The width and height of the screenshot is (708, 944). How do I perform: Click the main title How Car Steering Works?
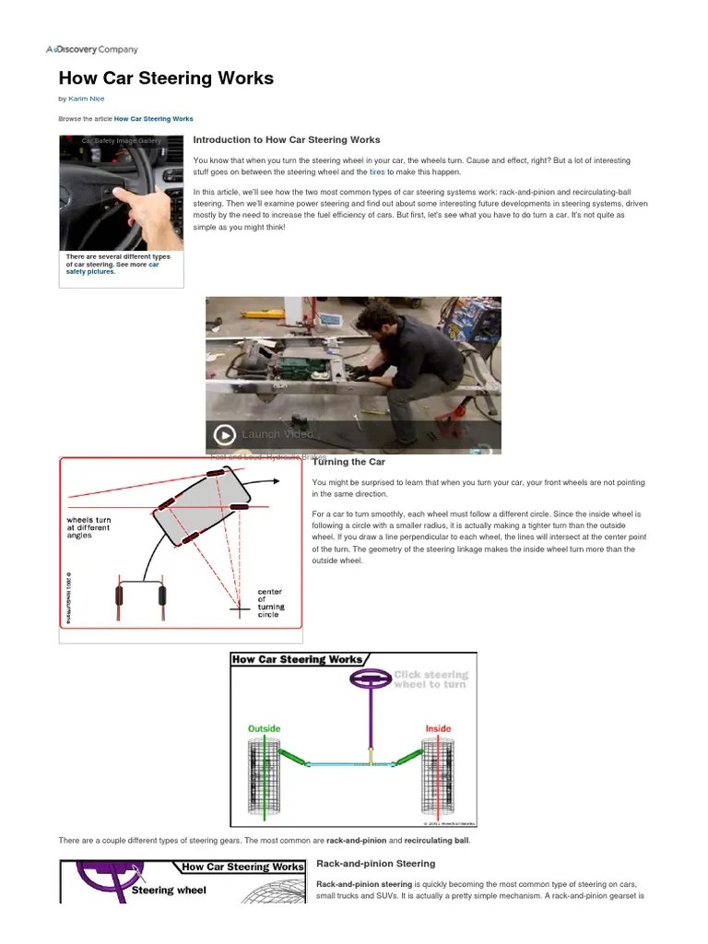click(x=166, y=78)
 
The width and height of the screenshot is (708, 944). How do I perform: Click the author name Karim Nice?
click(x=88, y=99)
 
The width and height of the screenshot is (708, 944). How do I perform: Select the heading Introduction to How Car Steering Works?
click(x=286, y=140)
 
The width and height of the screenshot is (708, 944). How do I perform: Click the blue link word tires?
click(x=376, y=172)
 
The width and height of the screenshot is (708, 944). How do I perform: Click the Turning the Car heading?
click(x=348, y=462)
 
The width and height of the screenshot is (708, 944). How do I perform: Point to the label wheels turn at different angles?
click(x=90, y=527)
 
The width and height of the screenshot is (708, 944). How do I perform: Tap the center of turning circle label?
click(x=270, y=603)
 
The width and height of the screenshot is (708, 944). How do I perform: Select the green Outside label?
click(x=265, y=728)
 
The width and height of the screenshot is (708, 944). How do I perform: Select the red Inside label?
click(x=437, y=728)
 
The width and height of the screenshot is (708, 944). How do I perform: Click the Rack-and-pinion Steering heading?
click(x=375, y=864)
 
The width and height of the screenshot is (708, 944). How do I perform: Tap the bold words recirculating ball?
click(x=437, y=842)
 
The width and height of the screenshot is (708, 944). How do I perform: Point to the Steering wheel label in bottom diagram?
click(x=169, y=891)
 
